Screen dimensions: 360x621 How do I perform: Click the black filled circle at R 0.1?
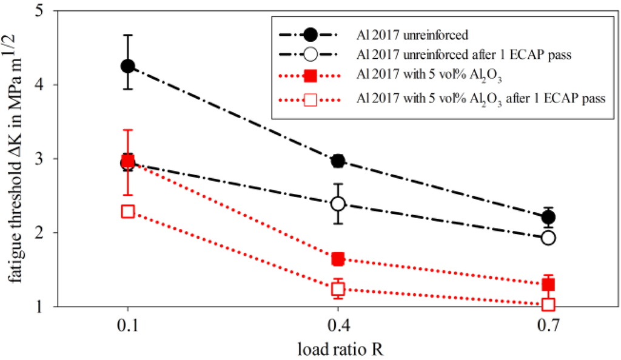click(127, 66)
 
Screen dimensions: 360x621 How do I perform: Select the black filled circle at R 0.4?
click(338, 161)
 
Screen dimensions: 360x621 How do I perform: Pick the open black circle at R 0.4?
click(338, 204)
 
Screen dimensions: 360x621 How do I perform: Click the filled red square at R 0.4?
click(338, 259)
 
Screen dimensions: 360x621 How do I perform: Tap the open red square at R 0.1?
click(127, 212)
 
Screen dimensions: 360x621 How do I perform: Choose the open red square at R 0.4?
click(338, 289)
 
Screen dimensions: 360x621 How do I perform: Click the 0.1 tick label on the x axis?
click(127, 325)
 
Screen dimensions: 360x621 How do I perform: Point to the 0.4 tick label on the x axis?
click(338, 325)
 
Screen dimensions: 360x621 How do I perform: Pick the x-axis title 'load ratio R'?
click(338, 348)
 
